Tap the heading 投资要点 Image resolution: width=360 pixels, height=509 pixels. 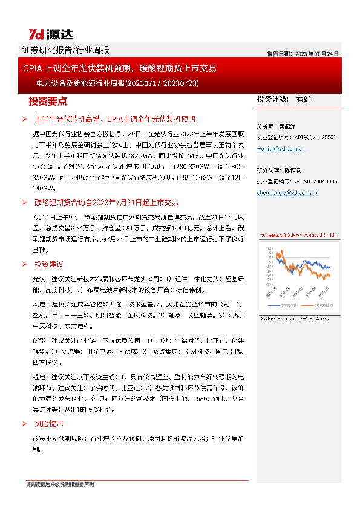[x=48, y=100]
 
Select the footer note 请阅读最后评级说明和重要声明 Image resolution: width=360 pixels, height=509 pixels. [x=60, y=485]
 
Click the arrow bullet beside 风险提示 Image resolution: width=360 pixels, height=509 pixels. [x=24, y=424]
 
